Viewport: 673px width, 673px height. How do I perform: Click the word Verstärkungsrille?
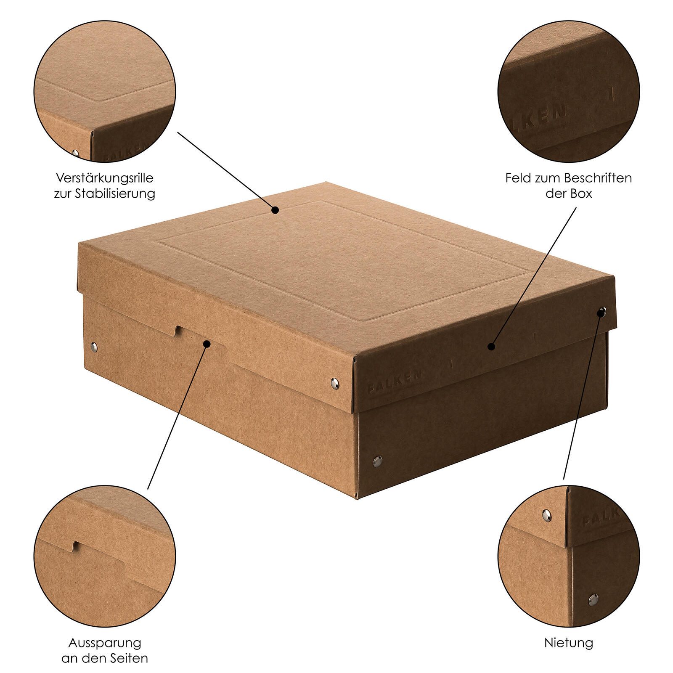pos(105,178)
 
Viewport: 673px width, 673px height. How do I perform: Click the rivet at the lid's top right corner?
pos(602,312)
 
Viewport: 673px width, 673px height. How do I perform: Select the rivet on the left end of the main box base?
pos(94,347)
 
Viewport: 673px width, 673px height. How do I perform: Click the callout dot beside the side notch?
pos(207,344)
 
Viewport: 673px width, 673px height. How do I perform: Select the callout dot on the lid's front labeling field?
pos(490,346)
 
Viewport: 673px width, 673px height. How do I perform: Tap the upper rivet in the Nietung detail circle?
pos(547,513)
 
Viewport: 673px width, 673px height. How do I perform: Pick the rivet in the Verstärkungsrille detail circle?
pos(76,153)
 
